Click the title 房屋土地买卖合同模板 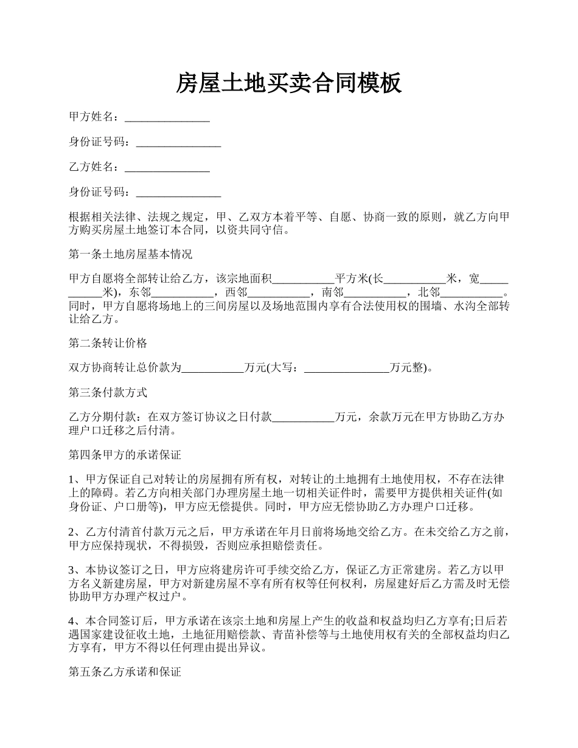tap(289, 83)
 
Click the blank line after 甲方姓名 tap(167, 117)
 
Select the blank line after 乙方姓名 tap(167, 167)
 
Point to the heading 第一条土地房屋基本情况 tap(130, 254)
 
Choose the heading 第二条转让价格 tap(108, 343)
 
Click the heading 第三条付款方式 tap(108, 393)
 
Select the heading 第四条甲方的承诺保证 tap(125, 454)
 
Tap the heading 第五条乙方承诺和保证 tap(125, 673)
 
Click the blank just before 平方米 tap(303, 279)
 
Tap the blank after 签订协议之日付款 tap(303, 418)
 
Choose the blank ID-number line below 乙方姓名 tap(178, 192)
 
